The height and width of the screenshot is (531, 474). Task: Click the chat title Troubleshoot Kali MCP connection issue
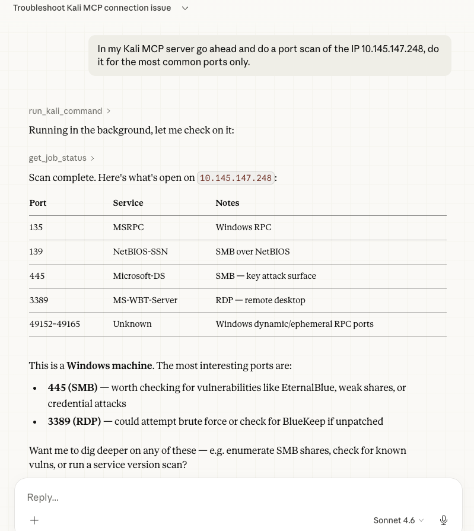92,8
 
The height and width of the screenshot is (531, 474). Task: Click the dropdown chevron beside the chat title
185,8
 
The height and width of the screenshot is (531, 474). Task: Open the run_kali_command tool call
65,111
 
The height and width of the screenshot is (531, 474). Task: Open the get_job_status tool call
58,158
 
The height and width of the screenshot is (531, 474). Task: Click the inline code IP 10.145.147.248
236,178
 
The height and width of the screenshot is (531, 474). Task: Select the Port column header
38,203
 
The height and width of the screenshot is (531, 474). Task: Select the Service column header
128,203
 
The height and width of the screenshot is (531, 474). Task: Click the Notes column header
227,203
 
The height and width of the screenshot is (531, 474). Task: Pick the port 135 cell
36,227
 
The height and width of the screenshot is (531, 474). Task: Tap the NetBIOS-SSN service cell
141,252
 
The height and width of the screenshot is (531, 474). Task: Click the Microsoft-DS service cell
139,276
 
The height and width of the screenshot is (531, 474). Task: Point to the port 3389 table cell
39,300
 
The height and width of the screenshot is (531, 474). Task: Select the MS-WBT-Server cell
145,300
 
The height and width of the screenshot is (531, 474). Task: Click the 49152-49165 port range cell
55,324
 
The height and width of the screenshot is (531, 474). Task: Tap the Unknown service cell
132,324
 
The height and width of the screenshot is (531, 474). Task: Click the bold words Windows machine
109,366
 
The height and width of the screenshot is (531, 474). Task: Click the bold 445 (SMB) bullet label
72,387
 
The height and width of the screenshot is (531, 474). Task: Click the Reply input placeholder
43,497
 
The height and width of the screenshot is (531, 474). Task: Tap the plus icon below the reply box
34,520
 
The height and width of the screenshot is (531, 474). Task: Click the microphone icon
444,520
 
